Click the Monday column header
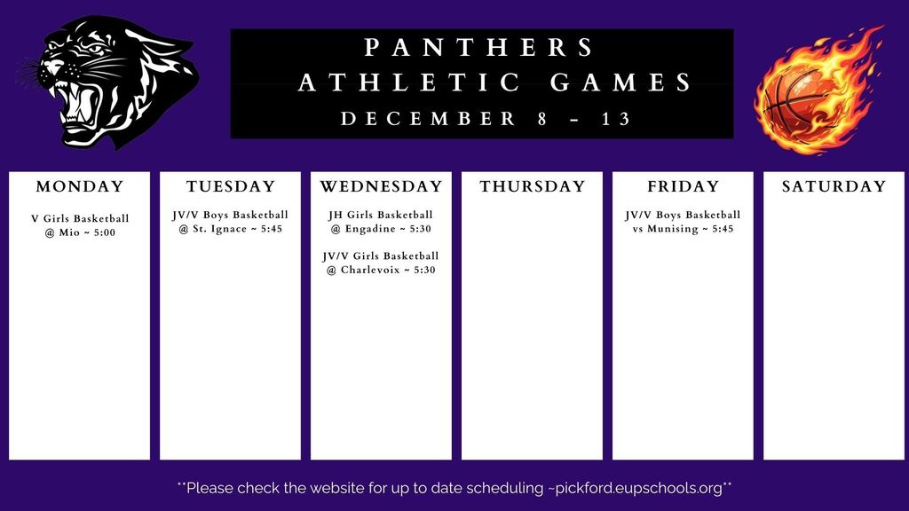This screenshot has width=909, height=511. [80, 186]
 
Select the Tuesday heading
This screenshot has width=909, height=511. [231, 186]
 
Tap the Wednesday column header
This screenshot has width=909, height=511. [381, 186]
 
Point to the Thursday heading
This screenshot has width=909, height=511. [533, 186]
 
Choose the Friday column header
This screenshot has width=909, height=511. [683, 186]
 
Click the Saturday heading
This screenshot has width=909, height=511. [834, 186]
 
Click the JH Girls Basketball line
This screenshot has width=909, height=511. [381, 215]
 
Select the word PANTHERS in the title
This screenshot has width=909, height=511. [480, 47]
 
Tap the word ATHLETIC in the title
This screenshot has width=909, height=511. [409, 83]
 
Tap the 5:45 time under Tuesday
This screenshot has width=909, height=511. [267, 229]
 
